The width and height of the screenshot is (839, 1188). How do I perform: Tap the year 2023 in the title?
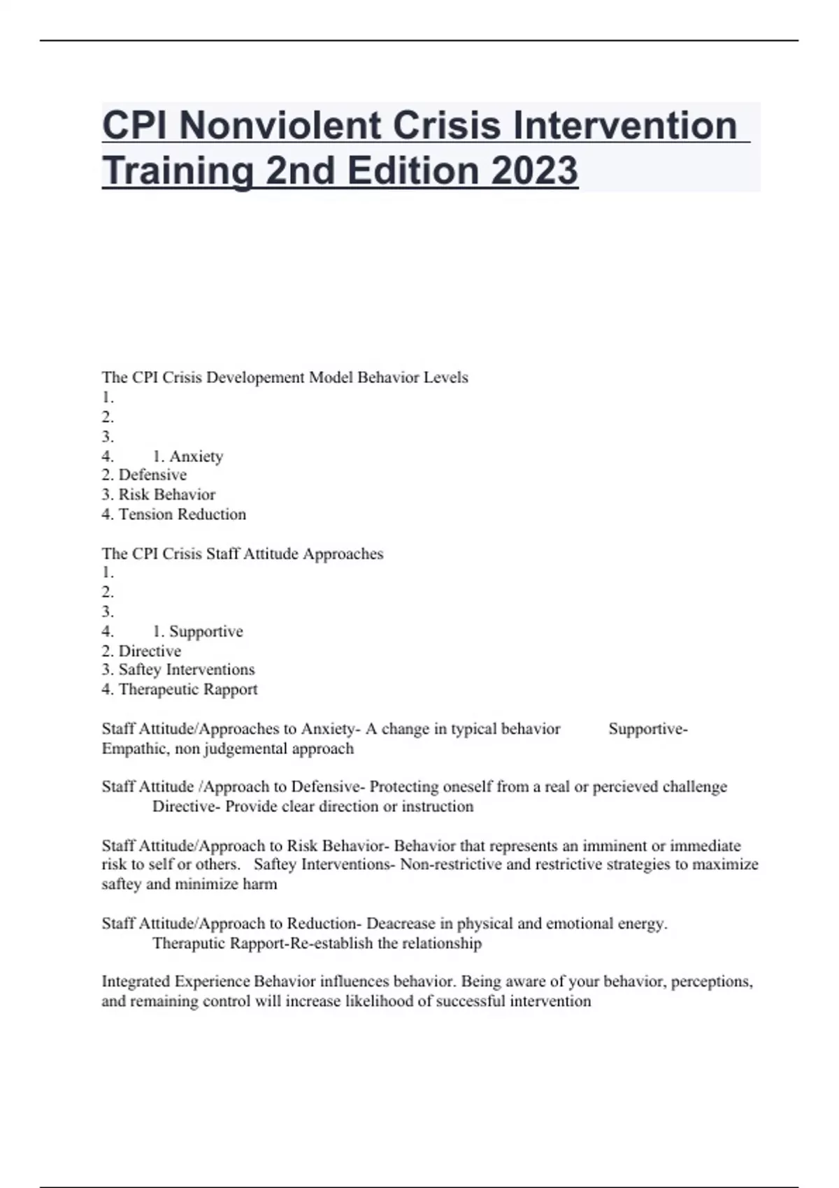[x=534, y=171]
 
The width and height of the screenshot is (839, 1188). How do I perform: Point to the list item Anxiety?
[x=196, y=456]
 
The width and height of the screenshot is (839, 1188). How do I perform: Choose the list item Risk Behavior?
[x=166, y=495]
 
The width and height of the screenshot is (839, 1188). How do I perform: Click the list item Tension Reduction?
[x=182, y=514]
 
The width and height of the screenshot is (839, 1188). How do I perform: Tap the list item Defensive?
[x=152, y=475]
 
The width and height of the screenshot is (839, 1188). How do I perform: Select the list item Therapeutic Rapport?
[x=187, y=690]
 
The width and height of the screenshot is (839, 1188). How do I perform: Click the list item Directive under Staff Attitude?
[x=150, y=651]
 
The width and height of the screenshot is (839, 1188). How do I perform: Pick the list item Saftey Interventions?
[x=186, y=669]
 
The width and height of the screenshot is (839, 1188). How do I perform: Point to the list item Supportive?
[x=206, y=632]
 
